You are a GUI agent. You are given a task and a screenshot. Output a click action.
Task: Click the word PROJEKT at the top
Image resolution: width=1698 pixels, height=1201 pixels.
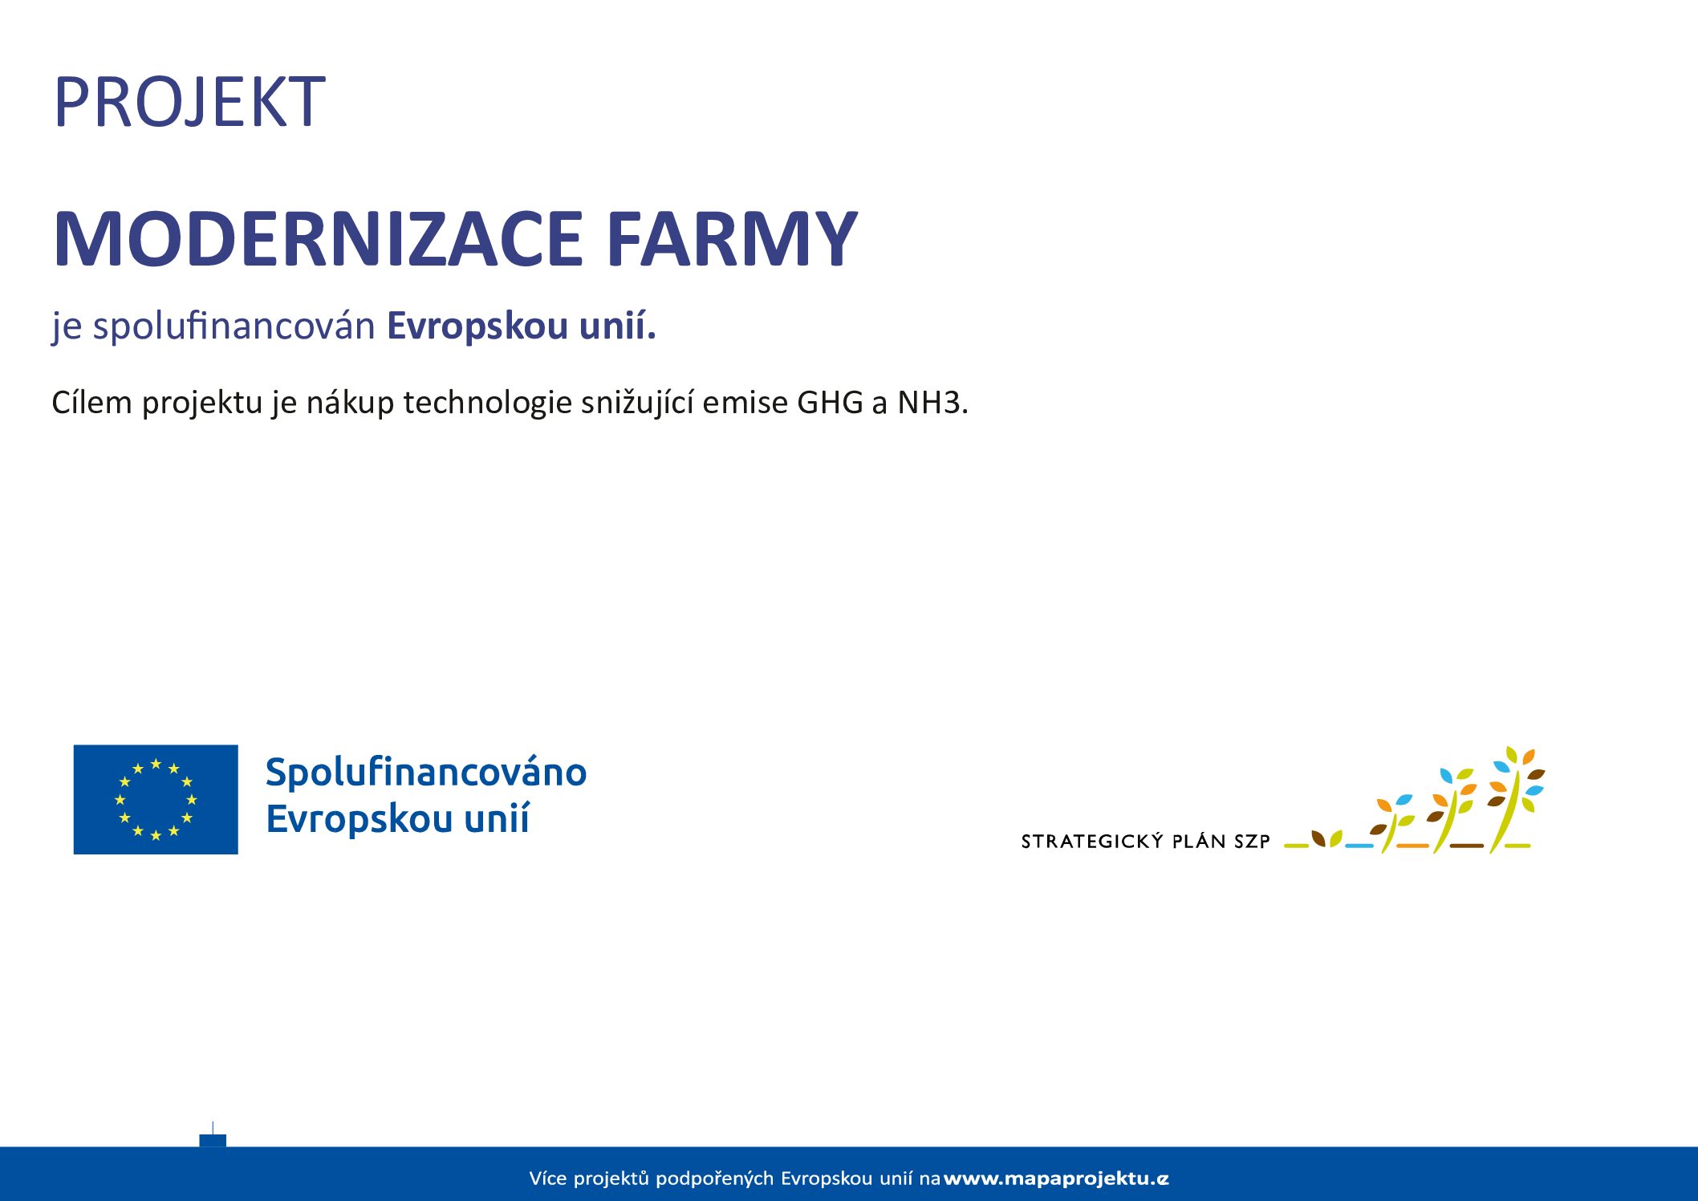(x=189, y=102)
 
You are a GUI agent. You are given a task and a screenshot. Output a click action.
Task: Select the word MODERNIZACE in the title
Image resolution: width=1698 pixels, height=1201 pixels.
(x=318, y=238)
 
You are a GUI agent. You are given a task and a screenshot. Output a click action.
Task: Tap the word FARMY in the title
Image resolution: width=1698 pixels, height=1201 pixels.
(x=732, y=238)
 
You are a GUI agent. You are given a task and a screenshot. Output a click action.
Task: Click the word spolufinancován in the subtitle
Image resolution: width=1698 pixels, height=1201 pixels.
(x=234, y=327)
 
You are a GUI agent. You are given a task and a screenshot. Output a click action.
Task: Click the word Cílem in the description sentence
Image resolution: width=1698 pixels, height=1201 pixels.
(x=91, y=402)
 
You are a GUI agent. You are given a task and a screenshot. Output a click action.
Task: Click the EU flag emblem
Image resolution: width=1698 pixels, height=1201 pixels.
(x=156, y=799)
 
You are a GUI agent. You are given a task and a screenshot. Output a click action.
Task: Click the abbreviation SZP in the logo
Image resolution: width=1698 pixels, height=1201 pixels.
(x=1252, y=842)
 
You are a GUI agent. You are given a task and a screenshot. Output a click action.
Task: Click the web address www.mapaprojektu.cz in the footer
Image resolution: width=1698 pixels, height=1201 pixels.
(x=1056, y=1179)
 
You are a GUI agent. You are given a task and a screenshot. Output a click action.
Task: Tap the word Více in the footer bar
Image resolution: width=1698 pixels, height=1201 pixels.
(x=547, y=1178)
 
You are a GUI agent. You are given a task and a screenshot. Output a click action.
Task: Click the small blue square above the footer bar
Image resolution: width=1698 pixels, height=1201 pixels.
(x=213, y=1140)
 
